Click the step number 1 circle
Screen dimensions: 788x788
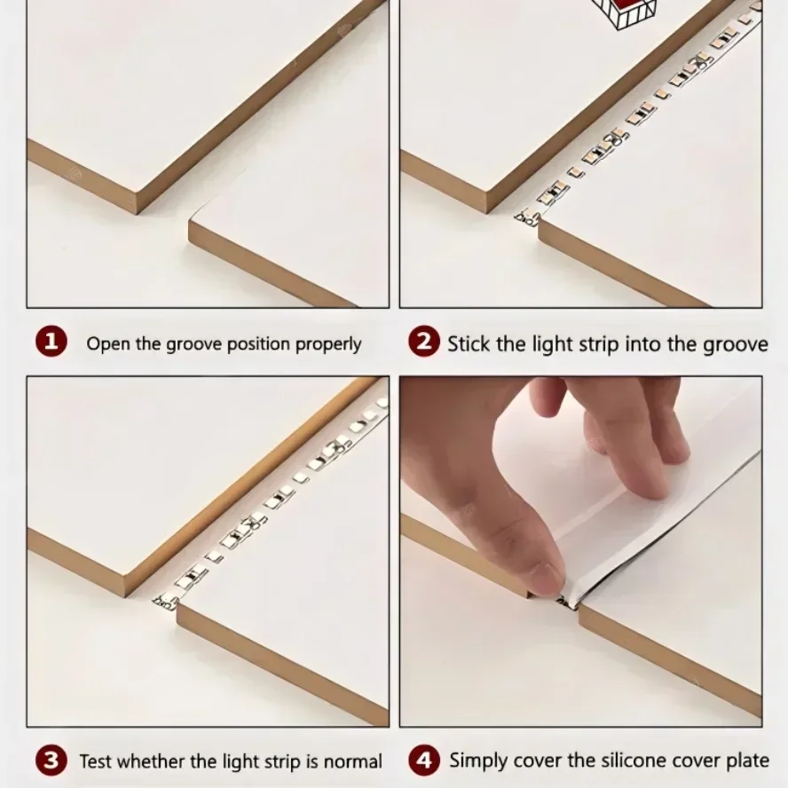(51, 343)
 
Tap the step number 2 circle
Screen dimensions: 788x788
(424, 343)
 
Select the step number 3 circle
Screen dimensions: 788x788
(51, 760)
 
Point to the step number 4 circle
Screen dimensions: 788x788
(424, 760)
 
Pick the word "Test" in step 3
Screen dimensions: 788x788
(96, 761)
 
